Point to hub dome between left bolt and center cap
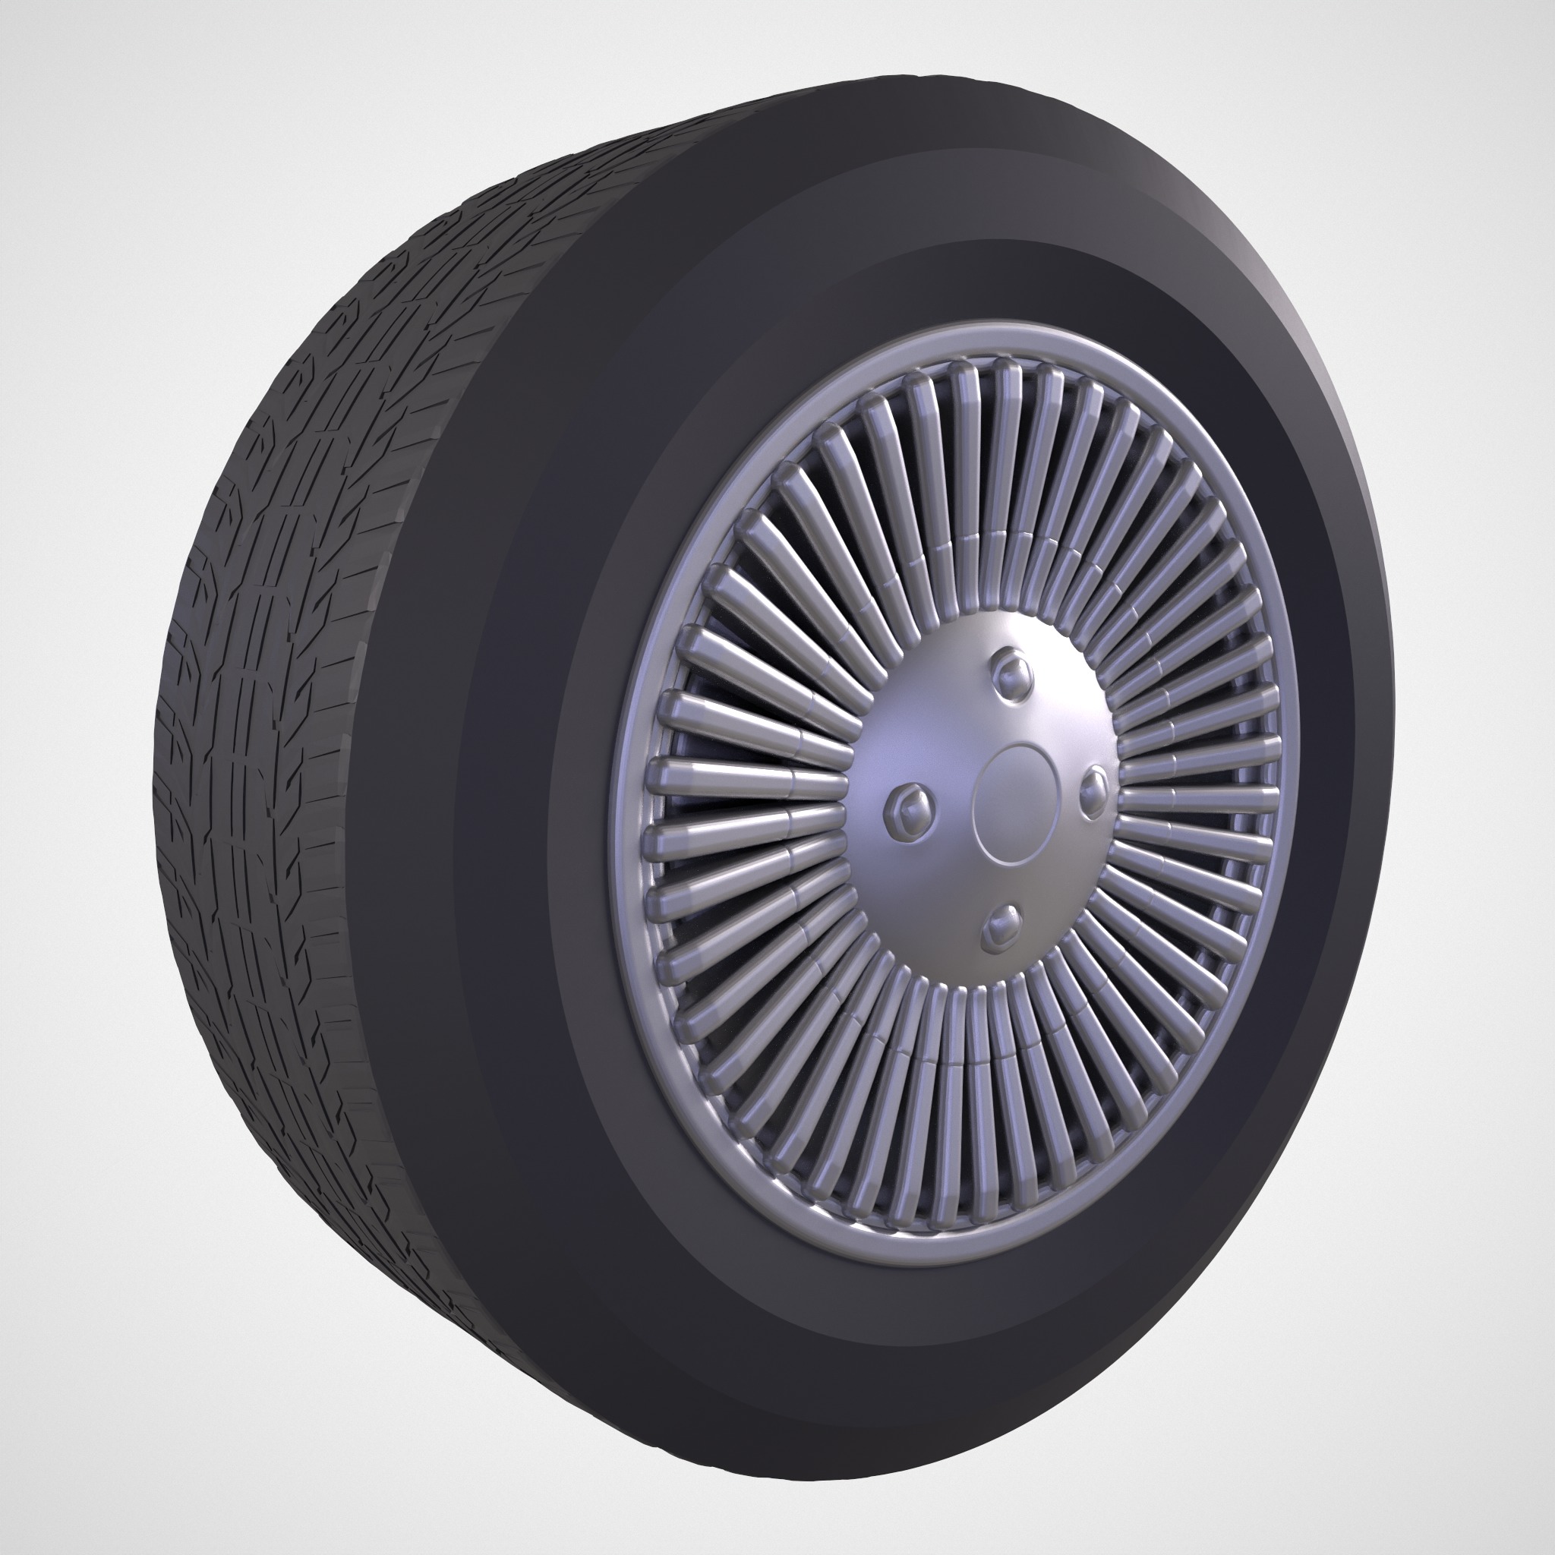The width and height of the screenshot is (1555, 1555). point(954,801)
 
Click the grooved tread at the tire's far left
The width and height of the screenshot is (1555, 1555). point(193,805)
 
